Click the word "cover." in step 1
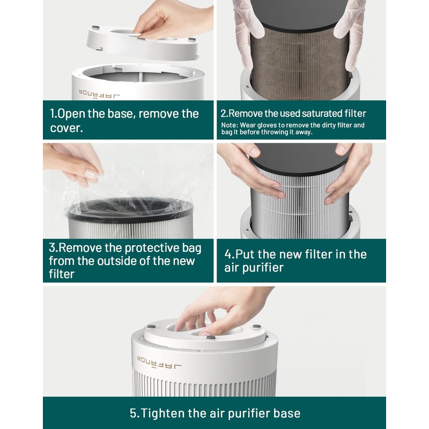click(x=66, y=129)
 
